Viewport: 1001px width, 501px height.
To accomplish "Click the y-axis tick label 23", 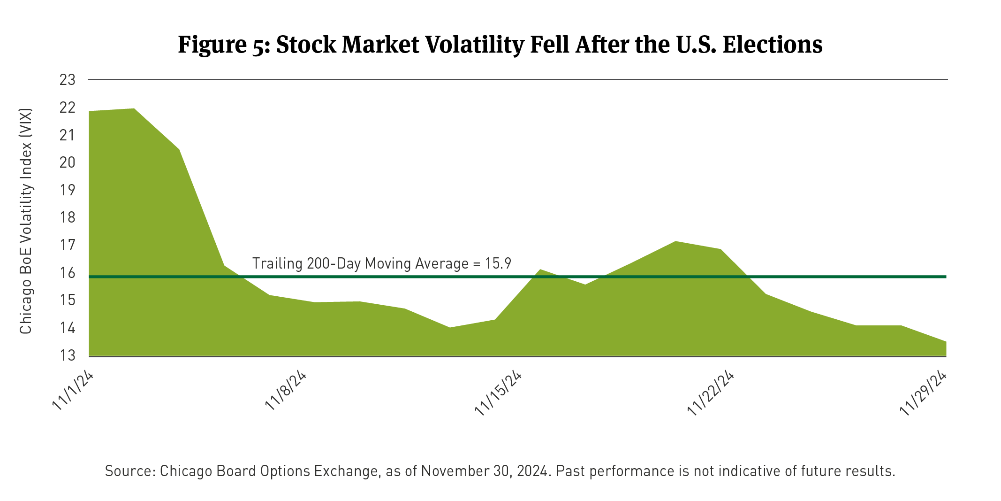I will pyautogui.click(x=68, y=80).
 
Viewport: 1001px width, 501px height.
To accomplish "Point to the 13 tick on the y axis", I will pyautogui.click(x=68, y=355).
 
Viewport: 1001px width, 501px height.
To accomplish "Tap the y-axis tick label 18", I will pyautogui.click(x=68, y=217).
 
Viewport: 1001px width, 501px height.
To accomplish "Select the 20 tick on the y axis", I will pyautogui.click(x=68, y=162).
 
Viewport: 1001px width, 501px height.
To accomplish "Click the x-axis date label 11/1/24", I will pyautogui.click(x=73, y=391).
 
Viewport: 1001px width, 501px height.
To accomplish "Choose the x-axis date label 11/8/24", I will pyautogui.click(x=286, y=391).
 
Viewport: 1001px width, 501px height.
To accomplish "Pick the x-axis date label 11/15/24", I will pyautogui.click(x=498, y=393).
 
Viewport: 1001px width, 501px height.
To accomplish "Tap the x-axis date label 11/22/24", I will pyautogui.click(x=710, y=393).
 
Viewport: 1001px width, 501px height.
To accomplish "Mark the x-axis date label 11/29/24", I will pyautogui.click(x=923, y=393).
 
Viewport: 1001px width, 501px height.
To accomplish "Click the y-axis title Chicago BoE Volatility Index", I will pyautogui.click(x=26, y=221).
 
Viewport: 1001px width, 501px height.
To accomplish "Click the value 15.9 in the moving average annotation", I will pyautogui.click(x=498, y=263).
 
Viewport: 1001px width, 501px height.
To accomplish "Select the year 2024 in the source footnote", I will pyautogui.click(x=532, y=471).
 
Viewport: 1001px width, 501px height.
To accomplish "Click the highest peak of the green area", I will pyautogui.click(x=134, y=109).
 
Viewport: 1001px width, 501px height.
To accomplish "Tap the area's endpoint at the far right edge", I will pyautogui.click(x=946, y=342).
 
